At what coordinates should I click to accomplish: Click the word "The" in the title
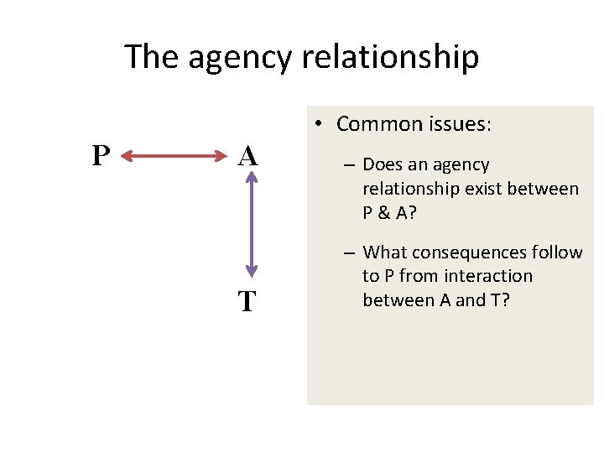[x=153, y=57]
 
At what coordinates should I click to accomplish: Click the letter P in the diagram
[x=101, y=156]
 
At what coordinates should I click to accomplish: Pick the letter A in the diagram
[x=247, y=156]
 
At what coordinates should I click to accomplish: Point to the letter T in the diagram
[x=247, y=300]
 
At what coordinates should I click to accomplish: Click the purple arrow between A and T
[x=249, y=226]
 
